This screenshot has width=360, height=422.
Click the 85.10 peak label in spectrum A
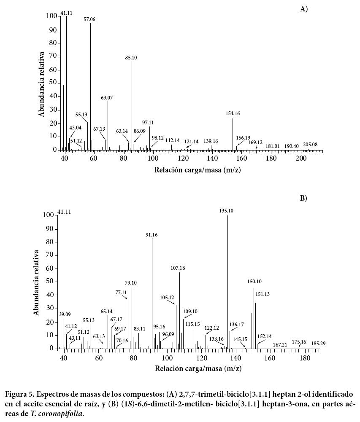pos(131,58)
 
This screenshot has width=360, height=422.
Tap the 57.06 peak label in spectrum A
pos(89,19)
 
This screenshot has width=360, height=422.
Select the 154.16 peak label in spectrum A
pos(233,113)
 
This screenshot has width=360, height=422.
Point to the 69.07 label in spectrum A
pos(107,98)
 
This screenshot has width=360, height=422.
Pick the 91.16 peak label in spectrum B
pos(152,235)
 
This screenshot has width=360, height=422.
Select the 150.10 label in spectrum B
pos(254,282)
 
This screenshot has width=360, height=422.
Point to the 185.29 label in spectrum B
pos(318,344)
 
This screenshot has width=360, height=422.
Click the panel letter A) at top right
pos(304,9)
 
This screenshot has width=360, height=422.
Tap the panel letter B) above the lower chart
pos(303,198)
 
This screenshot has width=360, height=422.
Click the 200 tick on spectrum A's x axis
pos(301,158)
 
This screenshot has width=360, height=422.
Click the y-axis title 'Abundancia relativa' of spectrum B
pos(37,282)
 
